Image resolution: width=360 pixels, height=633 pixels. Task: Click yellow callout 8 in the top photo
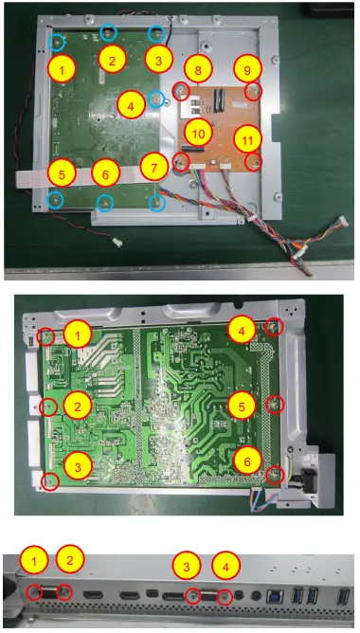pos(197,69)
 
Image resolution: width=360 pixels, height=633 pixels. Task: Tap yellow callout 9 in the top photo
pos(246,69)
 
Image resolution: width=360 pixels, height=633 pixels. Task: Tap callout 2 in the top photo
pos(112,60)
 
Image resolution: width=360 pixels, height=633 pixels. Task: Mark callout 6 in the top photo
pos(106,174)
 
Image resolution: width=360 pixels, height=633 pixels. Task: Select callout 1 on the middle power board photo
pos(80,333)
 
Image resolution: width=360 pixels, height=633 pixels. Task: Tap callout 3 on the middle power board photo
pos(80,464)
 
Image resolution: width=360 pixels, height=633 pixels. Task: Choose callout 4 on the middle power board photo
pos(241,332)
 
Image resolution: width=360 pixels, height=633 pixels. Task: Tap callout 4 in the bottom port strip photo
pos(225,569)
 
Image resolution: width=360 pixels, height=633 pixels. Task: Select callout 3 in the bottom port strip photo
pos(188,569)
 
